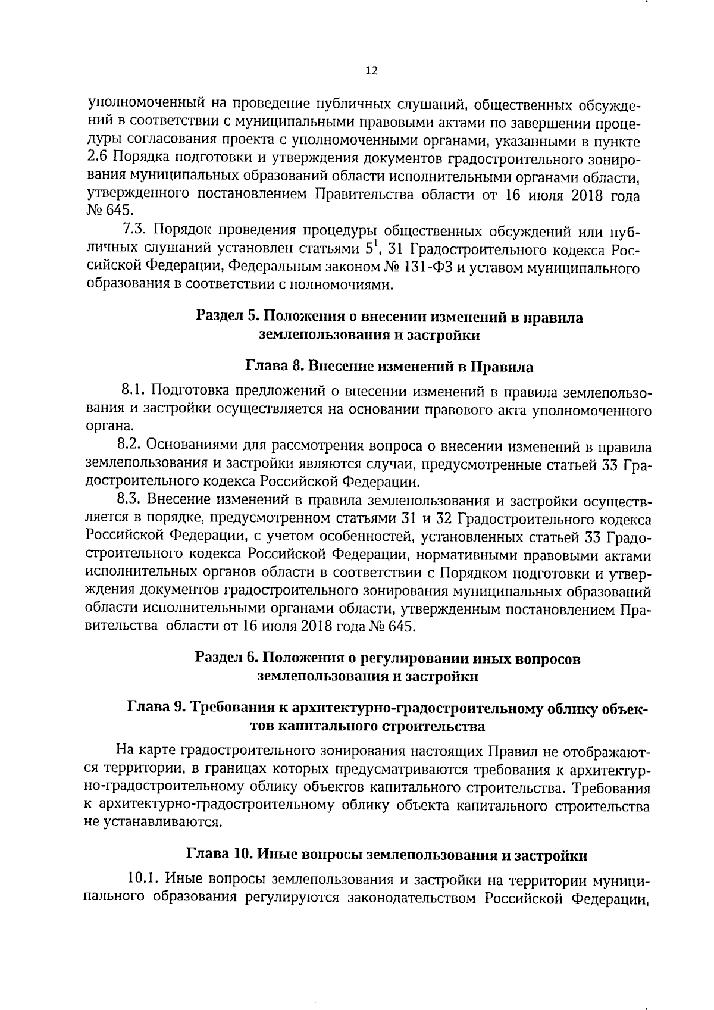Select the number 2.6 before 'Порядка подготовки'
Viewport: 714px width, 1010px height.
tap(96, 158)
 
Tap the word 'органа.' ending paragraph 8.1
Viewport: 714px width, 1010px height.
tap(106, 426)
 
